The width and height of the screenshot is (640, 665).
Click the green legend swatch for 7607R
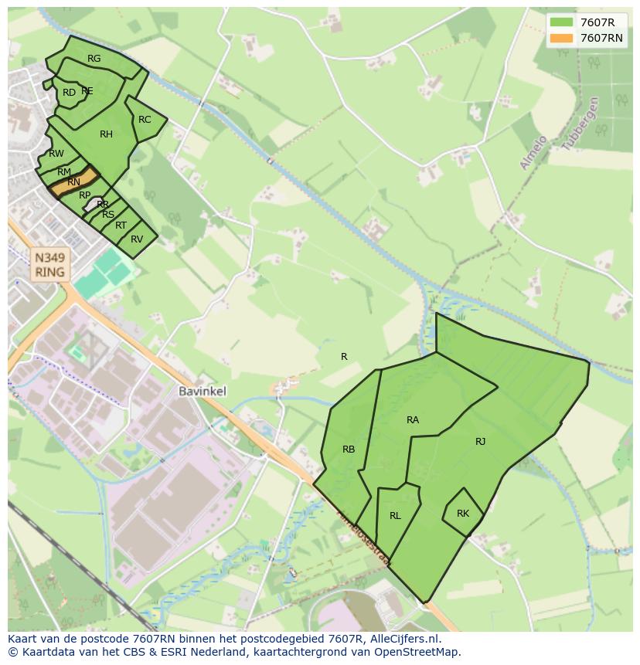tap(562, 22)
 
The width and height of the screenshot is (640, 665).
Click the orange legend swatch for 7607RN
tap(562, 38)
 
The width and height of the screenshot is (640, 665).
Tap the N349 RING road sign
tap(50, 264)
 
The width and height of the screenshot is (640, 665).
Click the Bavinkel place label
tap(203, 392)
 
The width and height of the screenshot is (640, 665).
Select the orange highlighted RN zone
tap(73, 182)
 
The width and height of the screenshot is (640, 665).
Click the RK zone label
tap(463, 514)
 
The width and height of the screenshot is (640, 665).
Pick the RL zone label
tap(395, 516)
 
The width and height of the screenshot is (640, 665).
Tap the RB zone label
tap(349, 450)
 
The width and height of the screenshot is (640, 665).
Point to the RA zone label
tap(413, 420)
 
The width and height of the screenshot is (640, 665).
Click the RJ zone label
tap(481, 442)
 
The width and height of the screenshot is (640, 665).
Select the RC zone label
tap(145, 120)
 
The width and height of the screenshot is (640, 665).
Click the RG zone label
tap(94, 59)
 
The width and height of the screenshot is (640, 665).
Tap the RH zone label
tap(106, 134)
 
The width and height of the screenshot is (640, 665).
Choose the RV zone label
tap(137, 239)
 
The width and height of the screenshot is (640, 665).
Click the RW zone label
tap(56, 154)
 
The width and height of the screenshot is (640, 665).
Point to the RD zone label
tap(69, 93)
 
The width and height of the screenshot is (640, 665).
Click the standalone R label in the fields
tap(344, 357)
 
